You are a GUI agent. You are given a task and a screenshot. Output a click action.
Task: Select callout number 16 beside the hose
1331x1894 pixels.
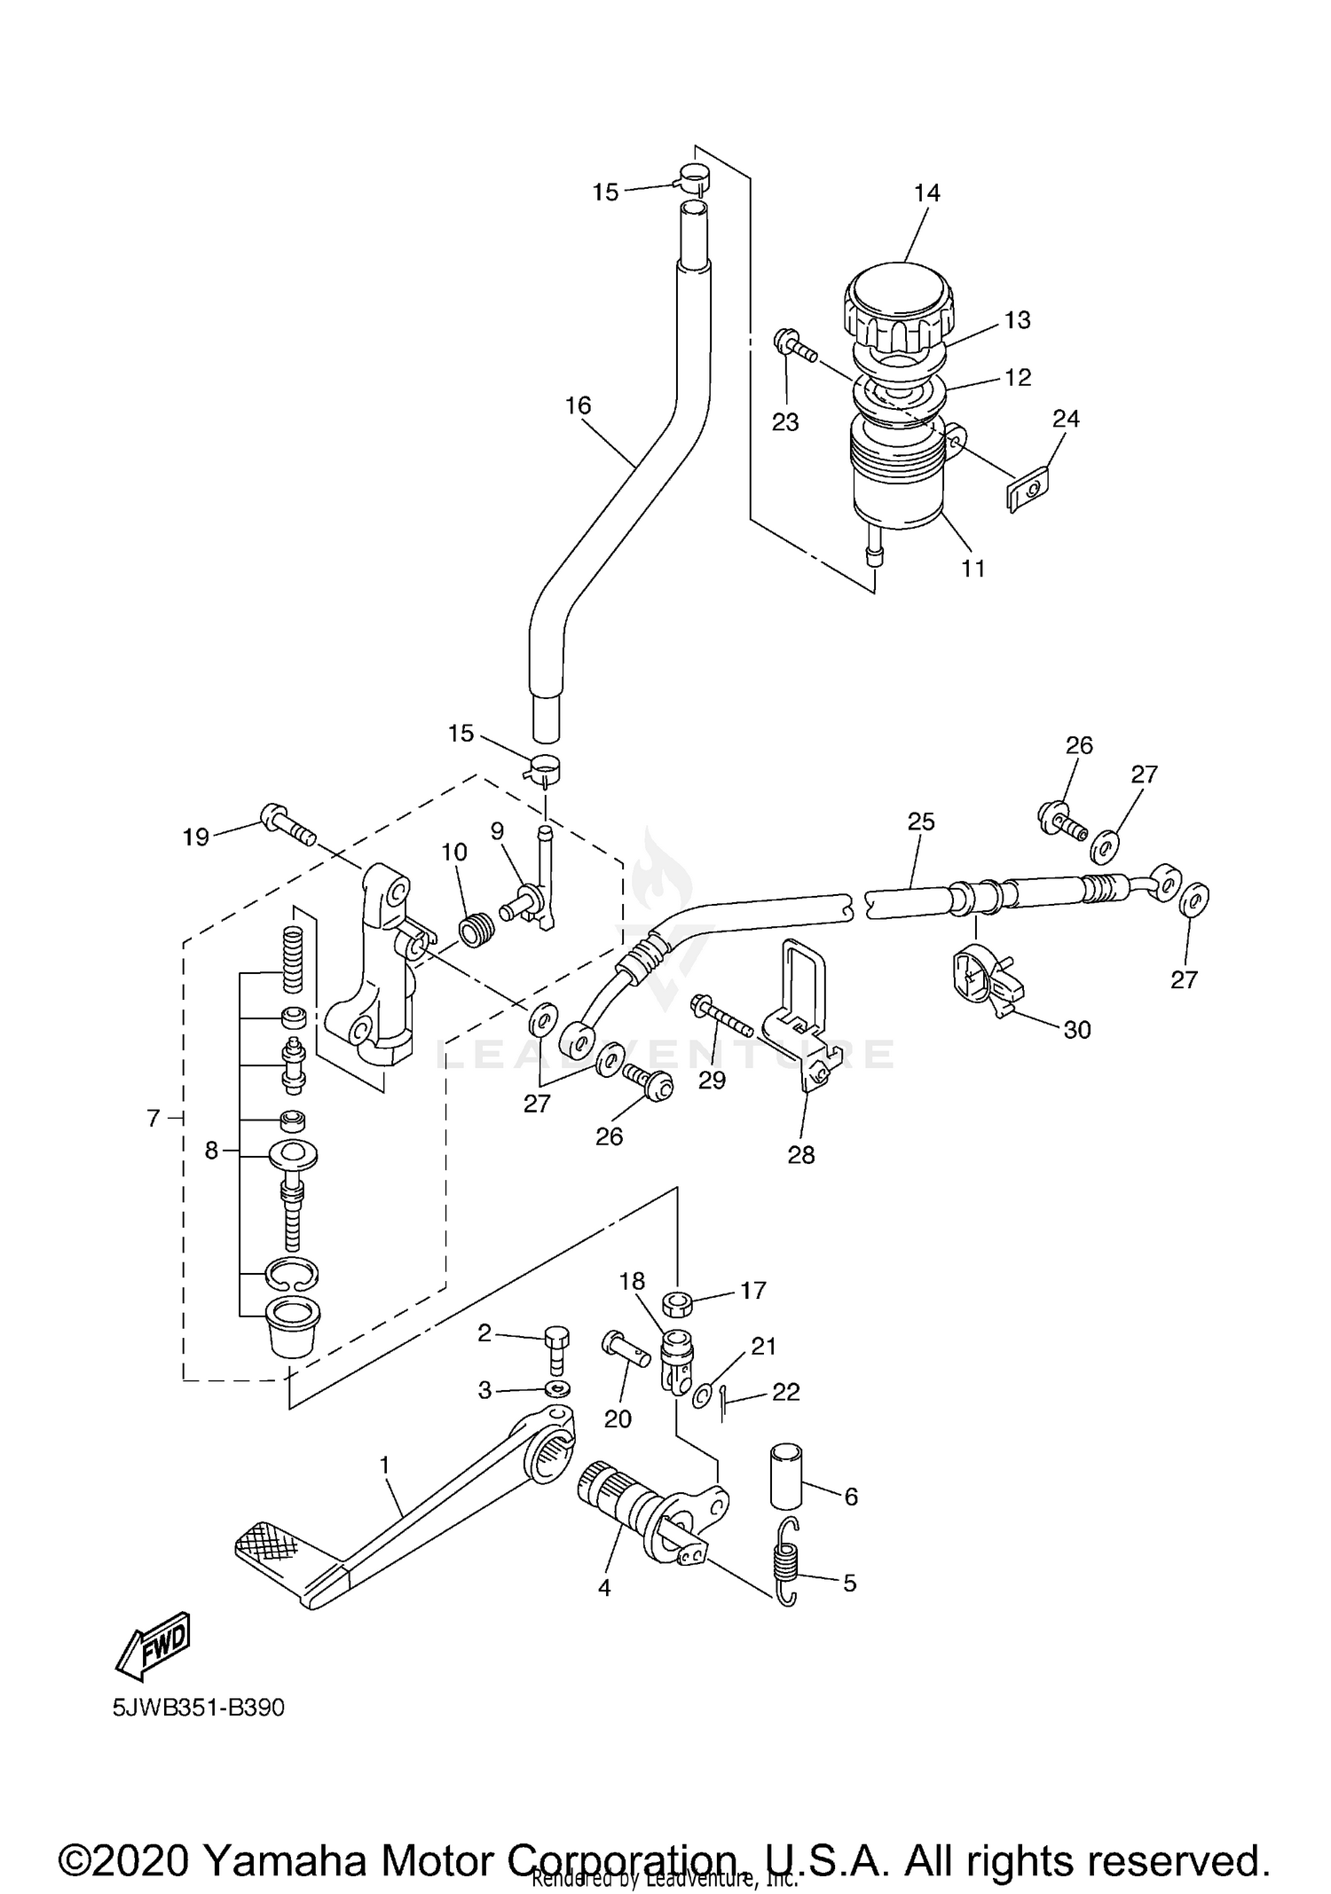point(578,405)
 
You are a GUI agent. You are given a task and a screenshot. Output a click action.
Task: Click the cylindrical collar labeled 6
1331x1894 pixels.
point(785,1475)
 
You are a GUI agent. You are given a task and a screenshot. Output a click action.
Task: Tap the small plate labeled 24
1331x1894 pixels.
point(1028,491)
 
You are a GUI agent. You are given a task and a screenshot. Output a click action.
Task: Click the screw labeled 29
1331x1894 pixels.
point(722,1017)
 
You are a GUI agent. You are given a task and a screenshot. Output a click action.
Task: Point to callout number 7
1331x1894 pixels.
point(154,1119)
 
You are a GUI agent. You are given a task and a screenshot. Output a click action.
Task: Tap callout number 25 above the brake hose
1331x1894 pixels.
point(921,821)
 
